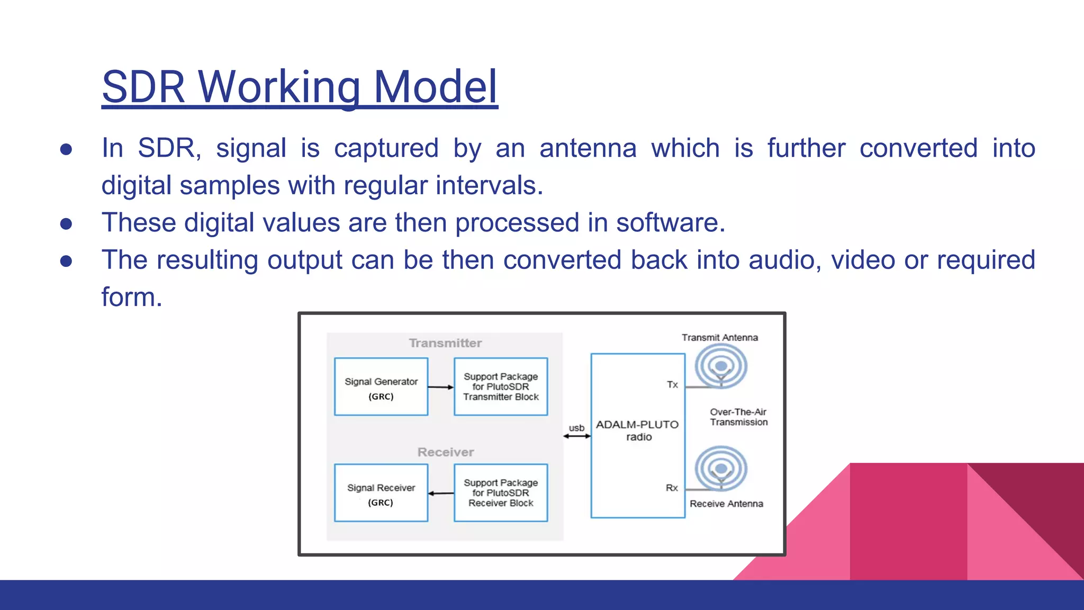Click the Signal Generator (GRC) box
[381, 387]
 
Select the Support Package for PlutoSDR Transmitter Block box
[501, 387]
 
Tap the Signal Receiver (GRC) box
[381, 494]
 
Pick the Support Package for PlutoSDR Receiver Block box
[501, 494]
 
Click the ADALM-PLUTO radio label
[638, 430]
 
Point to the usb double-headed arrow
[577, 436]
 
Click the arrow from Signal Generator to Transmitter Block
[440, 388]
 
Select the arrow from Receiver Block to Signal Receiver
[440, 494]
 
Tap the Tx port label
[672, 385]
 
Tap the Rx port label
[672, 488]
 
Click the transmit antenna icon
[721, 366]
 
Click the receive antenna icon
[721, 469]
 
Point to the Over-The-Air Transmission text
[738, 417]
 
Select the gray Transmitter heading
[445, 343]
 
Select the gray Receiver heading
[445, 452]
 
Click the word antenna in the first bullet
[588, 148]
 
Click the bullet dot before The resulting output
[66, 261]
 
